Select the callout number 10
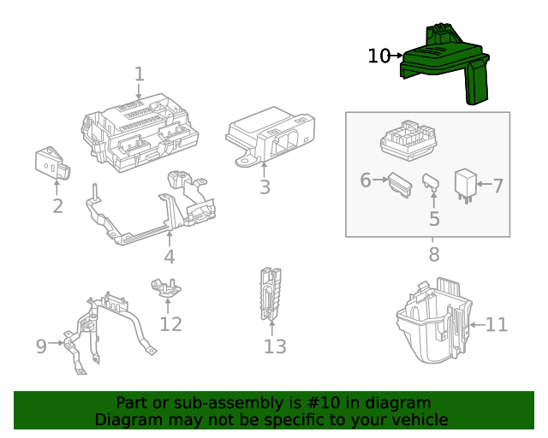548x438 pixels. click(x=378, y=56)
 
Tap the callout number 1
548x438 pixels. click(x=140, y=75)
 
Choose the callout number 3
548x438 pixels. click(x=265, y=187)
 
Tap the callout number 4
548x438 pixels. click(x=170, y=257)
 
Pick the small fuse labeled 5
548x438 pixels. click(x=431, y=183)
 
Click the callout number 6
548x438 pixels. click(x=366, y=181)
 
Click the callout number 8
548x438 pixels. click(x=434, y=254)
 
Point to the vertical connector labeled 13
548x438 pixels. click(x=271, y=294)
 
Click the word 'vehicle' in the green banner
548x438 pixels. click(x=417, y=419)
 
